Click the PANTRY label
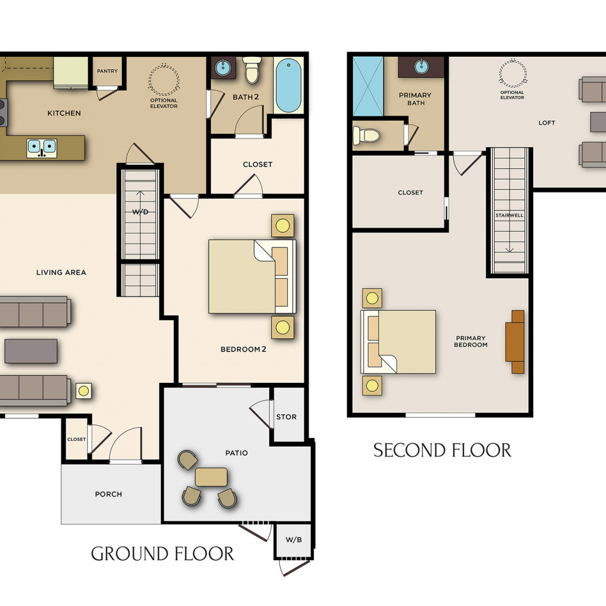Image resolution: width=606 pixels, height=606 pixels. click(x=107, y=71)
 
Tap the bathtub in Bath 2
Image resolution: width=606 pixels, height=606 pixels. click(x=288, y=85)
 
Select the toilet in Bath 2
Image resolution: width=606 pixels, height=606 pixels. click(x=252, y=70)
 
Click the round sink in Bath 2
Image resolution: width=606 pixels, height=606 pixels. click(x=223, y=67)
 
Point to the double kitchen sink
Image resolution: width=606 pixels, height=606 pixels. click(x=42, y=149)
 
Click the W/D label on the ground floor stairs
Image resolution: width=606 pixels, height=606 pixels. click(x=140, y=212)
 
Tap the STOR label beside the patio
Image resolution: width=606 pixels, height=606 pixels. click(x=286, y=417)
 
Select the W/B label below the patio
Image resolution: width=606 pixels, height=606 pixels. click(x=294, y=540)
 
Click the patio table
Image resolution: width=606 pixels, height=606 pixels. click(x=211, y=477)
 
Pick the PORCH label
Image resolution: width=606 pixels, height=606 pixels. click(x=109, y=494)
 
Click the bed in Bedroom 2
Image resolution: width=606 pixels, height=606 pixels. click(x=252, y=276)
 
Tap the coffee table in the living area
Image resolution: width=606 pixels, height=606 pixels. click(x=31, y=351)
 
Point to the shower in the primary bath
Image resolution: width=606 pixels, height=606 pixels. click(x=368, y=86)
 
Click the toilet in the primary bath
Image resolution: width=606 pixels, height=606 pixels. click(x=366, y=136)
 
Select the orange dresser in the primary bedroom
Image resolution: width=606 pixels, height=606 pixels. click(x=515, y=342)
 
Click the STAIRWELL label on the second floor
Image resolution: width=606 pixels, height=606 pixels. click(x=510, y=215)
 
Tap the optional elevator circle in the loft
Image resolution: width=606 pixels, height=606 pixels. click(x=512, y=73)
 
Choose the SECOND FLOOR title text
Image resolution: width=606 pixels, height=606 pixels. click(x=442, y=450)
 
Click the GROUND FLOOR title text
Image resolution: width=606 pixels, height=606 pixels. click(x=162, y=553)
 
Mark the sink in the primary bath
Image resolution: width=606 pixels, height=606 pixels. click(x=421, y=66)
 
